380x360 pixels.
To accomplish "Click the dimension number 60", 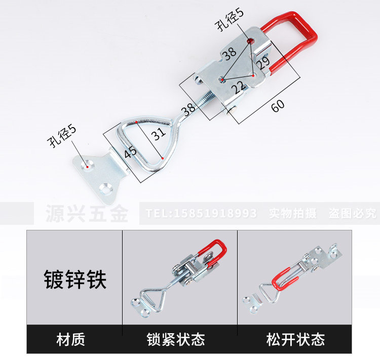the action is (278, 106).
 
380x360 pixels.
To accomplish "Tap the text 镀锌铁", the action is (74, 278).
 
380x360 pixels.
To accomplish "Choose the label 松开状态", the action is (295, 339).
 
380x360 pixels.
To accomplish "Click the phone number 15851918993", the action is (201, 213).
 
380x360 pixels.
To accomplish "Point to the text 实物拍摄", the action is (293, 213).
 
